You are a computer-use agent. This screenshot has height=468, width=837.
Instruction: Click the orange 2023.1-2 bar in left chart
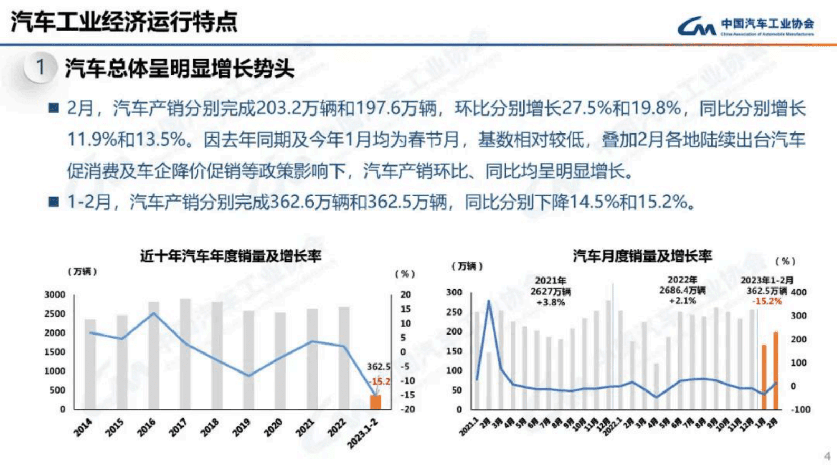376,402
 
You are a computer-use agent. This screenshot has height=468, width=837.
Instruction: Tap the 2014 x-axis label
83,427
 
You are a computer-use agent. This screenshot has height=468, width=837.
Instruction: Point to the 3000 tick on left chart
55,294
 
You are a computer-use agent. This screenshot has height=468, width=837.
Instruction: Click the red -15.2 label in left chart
380,381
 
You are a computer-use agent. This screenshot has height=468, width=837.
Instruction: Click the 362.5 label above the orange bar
379,367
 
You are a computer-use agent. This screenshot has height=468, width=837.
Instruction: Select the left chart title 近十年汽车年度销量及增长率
230,256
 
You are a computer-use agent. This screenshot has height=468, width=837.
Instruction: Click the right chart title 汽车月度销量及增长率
642,256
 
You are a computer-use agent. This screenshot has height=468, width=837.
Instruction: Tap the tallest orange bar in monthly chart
775,370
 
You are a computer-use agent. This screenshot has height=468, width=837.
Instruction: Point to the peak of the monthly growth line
489,301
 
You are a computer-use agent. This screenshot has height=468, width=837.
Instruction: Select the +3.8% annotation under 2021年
550,302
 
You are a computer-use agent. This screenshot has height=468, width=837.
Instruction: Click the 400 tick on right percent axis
799,292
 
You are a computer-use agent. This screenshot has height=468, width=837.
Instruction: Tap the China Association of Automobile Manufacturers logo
746,26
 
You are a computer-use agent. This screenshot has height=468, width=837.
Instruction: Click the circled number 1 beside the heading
40,68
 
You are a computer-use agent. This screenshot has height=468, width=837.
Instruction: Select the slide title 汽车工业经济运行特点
124,22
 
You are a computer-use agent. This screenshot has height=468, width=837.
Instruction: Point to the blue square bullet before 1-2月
53,202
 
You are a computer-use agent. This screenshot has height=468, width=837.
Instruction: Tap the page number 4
826,455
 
